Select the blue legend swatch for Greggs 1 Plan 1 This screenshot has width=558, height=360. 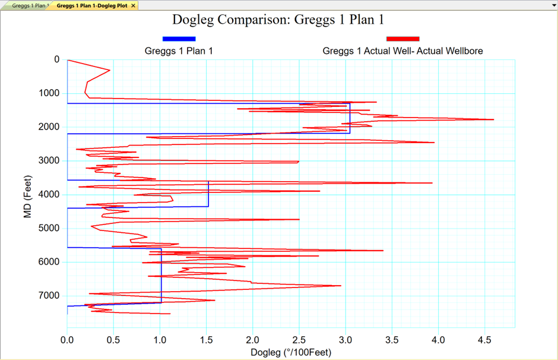coord(179,39)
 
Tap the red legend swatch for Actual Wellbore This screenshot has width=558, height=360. coord(402,39)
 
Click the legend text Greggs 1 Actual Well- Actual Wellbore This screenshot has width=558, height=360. coord(402,51)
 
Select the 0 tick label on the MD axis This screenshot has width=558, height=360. coord(56,59)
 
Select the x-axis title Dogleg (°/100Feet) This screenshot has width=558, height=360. coord(291,352)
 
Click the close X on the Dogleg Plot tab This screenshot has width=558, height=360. coord(133,5)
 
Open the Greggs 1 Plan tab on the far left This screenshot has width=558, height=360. coord(30,5)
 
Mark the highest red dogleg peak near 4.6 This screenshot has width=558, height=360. coord(493,119)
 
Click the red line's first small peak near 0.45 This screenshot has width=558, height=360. coord(110,71)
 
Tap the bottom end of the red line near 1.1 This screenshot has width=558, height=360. coord(170,314)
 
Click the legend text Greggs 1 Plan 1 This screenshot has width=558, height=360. coord(179,51)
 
